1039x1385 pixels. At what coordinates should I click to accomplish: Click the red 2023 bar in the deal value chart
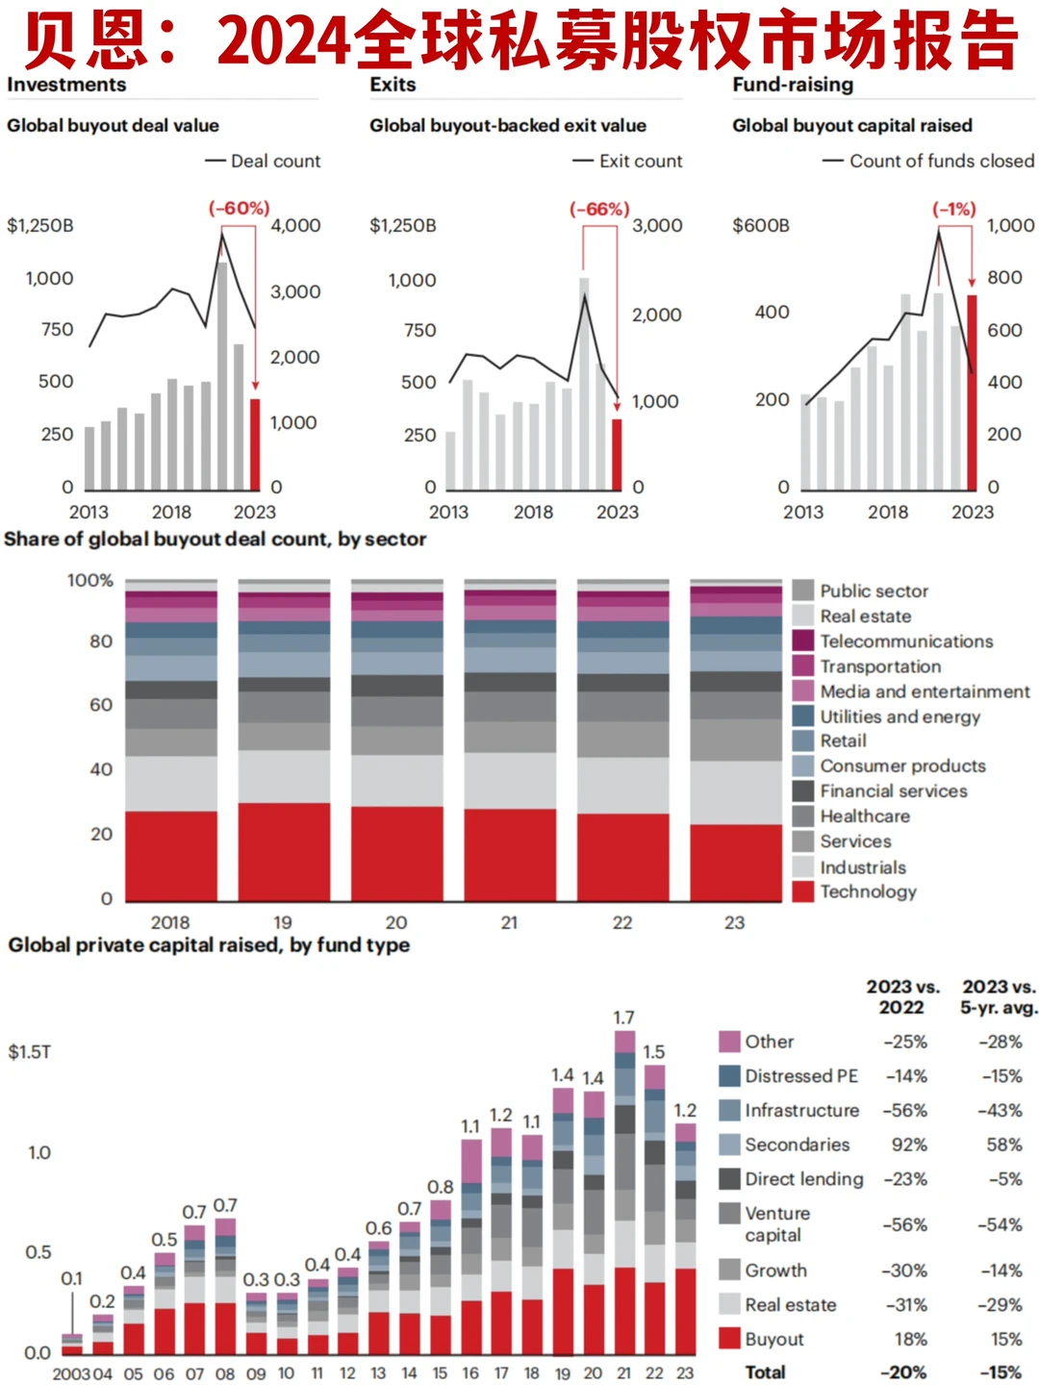(x=255, y=444)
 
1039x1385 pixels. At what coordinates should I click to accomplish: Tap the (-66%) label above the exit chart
(x=599, y=210)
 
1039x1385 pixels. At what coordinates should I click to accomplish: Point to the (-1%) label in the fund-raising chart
(x=954, y=209)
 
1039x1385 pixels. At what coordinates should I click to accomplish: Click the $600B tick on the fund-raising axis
(x=761, y=226)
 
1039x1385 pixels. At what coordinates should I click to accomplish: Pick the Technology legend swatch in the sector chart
(x=803, y=892)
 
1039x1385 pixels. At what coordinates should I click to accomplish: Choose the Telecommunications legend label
(x=906, y=642)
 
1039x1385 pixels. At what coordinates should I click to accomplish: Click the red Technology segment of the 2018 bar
(x=171, y=855)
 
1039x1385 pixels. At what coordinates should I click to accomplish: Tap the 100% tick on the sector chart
(x=90, y=581)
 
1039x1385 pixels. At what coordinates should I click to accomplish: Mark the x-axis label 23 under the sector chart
(x=735, y=922)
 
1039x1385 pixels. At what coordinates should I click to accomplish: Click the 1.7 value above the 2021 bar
(x=624, y=1018)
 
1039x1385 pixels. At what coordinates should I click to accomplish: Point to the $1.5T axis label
(x=30, y=1052)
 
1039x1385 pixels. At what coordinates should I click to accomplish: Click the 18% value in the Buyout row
(x=910, y=1339)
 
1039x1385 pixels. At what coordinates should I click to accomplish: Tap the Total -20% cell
(x=904, y=1372)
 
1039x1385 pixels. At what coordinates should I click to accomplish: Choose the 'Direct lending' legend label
(x=804, y=1179)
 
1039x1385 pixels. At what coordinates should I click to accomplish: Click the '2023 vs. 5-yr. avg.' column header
(x=1000, y=997)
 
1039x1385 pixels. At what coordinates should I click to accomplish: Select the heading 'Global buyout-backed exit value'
(x=508, y=126)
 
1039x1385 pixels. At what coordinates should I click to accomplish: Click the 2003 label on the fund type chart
(x=71, y=1373)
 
